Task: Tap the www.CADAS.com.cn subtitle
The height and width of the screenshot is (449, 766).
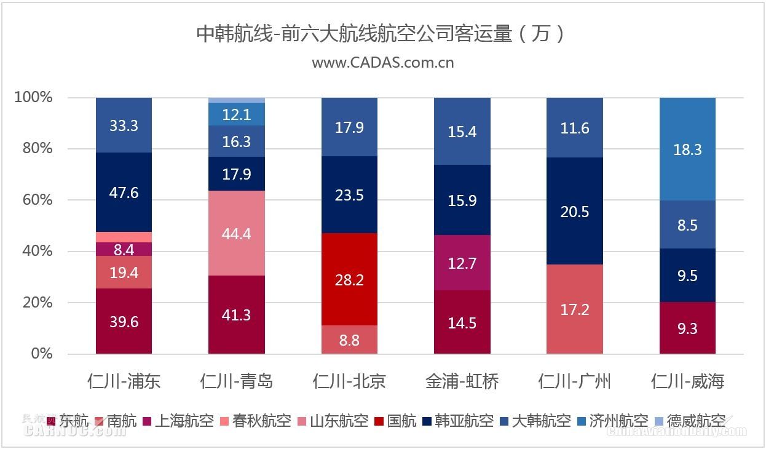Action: [x=382, y=63]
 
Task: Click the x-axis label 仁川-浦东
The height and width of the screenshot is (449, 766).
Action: [x=124, y=381]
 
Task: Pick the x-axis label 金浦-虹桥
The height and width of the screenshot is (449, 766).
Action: [x=462, y=381]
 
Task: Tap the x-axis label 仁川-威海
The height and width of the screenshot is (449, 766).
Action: [x=687, y=381]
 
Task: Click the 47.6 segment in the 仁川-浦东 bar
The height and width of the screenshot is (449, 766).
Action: [x=124, y=193]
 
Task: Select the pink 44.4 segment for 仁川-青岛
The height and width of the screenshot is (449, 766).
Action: [x=237, y=234]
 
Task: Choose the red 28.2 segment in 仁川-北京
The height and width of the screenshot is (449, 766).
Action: [x=349, y=280]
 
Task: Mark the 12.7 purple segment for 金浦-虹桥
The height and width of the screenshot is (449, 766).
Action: [x=462, y=263]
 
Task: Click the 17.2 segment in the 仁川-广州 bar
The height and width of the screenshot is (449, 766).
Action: [x=575, y=309]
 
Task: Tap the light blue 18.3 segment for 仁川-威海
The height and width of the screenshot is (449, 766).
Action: [x=687, y=149]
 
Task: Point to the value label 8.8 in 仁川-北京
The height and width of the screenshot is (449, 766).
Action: [x=349, y=340]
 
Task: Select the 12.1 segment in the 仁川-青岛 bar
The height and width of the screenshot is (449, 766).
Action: [x=237, y=114]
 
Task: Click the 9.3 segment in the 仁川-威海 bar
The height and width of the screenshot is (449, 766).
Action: [x=687, y=328]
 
